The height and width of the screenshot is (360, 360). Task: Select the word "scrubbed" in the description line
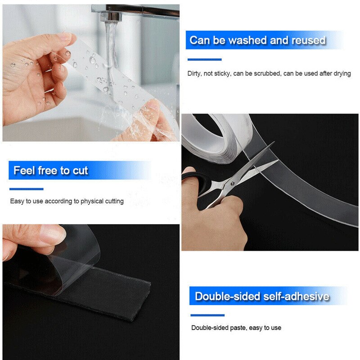[x=266, y=73]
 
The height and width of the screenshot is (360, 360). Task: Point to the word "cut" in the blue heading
[x=80, y=171]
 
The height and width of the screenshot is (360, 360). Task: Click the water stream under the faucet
[x=109, y=49]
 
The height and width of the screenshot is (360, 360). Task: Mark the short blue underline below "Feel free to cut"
[x=26, y=189]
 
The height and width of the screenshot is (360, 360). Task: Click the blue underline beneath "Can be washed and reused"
[x=204, y=59]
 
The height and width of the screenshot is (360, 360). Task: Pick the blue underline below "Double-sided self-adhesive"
[x=207, y=315]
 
